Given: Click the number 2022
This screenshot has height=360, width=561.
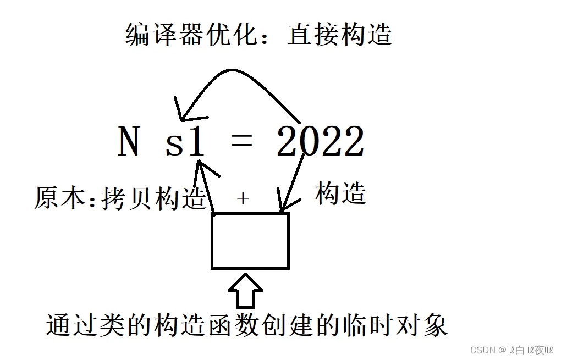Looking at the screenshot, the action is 321,142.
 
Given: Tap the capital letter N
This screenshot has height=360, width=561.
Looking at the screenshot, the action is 128,142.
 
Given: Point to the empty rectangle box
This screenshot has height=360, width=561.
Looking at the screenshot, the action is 250,241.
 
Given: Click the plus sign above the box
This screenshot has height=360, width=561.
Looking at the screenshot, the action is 243,199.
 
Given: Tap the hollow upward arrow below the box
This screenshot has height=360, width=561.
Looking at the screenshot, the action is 245,292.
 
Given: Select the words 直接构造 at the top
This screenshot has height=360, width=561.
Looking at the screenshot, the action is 339,35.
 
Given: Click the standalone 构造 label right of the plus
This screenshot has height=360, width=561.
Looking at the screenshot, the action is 341,193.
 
